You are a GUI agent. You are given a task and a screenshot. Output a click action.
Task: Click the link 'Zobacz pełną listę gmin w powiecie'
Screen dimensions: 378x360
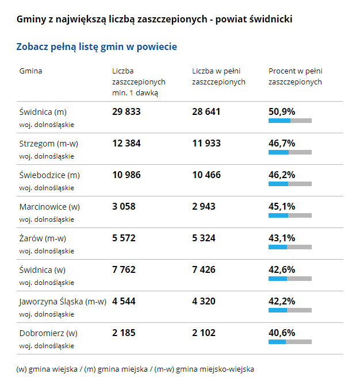click(x=97, y=47)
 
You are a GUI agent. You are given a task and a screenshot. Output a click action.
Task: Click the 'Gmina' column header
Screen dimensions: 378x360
click(x=30, y=71)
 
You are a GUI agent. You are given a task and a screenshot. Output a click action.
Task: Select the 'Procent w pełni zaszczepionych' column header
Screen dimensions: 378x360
click(x=295, y=76)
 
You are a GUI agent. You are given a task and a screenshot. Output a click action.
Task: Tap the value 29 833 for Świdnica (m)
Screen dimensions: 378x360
click(x=126, y=111)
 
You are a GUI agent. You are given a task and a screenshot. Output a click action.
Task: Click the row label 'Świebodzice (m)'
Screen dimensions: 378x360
click(x=49, y=175)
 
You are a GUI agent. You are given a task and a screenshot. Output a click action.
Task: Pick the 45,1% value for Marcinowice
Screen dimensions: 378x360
click(x=282, y=206)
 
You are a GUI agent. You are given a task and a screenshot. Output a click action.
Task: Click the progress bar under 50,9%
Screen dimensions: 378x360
click(x=290, y=121)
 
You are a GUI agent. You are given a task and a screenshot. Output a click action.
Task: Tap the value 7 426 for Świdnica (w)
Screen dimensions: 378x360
click(x=206, y=269)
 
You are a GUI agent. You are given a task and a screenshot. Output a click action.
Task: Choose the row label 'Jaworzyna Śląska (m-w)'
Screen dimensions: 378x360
click(x=63, y=302)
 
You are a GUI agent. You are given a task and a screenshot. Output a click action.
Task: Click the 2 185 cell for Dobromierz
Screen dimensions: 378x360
click(x=123, y=333)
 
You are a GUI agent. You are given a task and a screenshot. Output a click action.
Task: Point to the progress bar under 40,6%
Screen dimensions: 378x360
click(x=290, y=342)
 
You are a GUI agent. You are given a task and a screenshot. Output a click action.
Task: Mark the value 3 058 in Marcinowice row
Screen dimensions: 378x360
click(x=124, y=206)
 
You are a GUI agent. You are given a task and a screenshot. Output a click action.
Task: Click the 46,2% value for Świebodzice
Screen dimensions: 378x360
click(x=282, y=175)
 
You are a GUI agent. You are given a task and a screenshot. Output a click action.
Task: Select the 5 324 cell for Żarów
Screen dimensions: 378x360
click(x=206, y=238)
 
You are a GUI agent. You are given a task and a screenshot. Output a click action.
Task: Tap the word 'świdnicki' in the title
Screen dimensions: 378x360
click(x=271, y=20)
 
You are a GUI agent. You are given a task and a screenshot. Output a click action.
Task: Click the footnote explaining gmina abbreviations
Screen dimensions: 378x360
click(x=135, y=369)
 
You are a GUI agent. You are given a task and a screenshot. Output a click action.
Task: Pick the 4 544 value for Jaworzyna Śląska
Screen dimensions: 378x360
click(x=124, y=301)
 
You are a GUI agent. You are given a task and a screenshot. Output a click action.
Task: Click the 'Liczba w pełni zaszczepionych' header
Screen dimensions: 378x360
click(x=219, y=76)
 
